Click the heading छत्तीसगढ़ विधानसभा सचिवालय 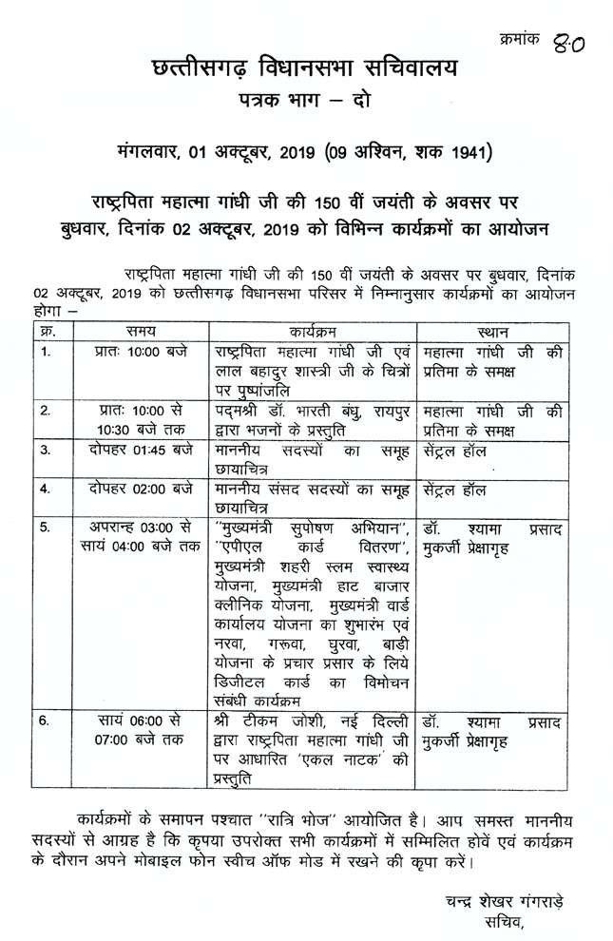point(305,67)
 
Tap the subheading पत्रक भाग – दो point(305,101)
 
